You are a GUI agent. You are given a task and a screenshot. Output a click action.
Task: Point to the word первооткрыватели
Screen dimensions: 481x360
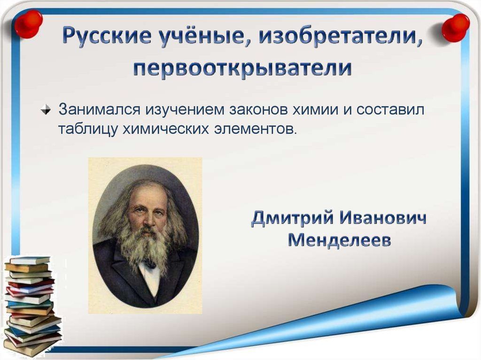pos(242,68)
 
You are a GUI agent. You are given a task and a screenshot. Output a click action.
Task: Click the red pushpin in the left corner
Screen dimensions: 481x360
pos(28,24)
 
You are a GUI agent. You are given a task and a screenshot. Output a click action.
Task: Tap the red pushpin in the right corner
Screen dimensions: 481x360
pos(455,28)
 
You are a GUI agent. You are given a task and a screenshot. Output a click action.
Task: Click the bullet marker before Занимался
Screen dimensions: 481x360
pos(46,110)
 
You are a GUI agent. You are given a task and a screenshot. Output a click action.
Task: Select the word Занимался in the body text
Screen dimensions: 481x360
pos(100,109)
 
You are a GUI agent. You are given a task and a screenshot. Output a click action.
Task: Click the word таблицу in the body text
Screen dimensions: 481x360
pos(88,129)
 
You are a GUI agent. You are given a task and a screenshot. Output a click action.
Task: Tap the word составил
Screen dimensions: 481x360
pos(390,110)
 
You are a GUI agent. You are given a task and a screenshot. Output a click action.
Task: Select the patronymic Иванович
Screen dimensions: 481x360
pos(383,218)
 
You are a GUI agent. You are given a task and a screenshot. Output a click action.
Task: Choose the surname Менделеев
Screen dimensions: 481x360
pos(340,240)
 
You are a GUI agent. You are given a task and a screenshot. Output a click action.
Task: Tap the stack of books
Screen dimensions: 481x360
pos(31,305)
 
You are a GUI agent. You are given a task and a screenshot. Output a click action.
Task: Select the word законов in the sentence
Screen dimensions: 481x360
pos(258,110)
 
